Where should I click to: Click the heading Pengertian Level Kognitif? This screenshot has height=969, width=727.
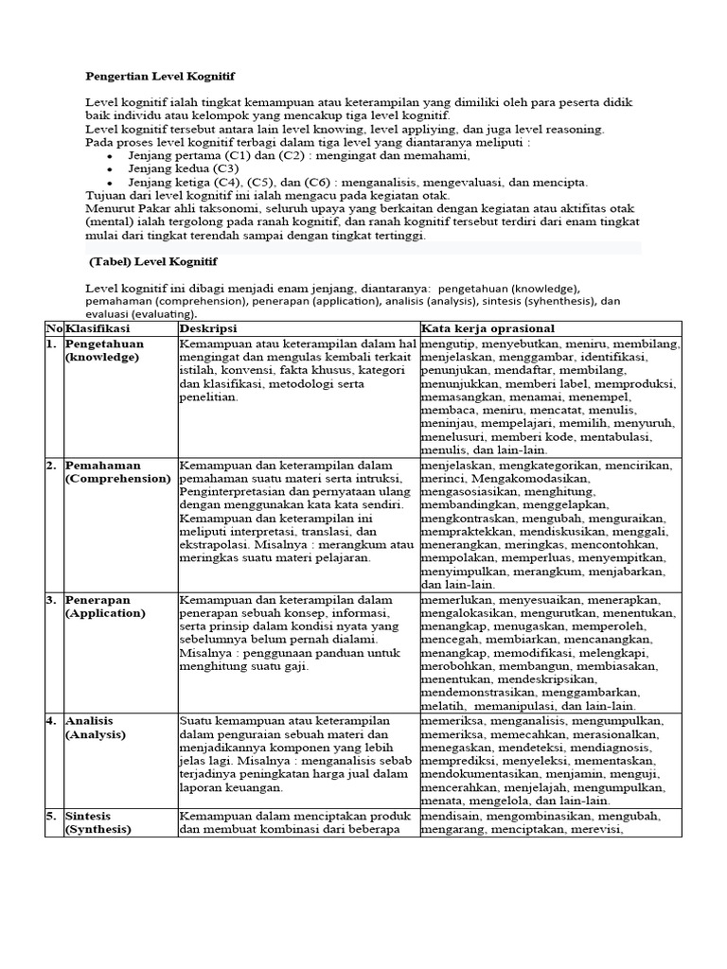pos(160,75)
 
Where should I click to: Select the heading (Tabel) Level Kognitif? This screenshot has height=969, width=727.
pos(157,260)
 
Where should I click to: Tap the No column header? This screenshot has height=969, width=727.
pos(54,326)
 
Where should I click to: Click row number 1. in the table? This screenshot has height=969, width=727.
pos(53,344)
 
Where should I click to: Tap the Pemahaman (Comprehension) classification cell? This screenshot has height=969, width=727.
pos(116,472)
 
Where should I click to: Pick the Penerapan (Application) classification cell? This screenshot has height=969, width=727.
pos(105,607)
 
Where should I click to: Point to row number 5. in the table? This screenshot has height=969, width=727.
pos(53,816)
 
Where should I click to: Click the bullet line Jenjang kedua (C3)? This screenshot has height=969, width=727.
pos(184,168)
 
